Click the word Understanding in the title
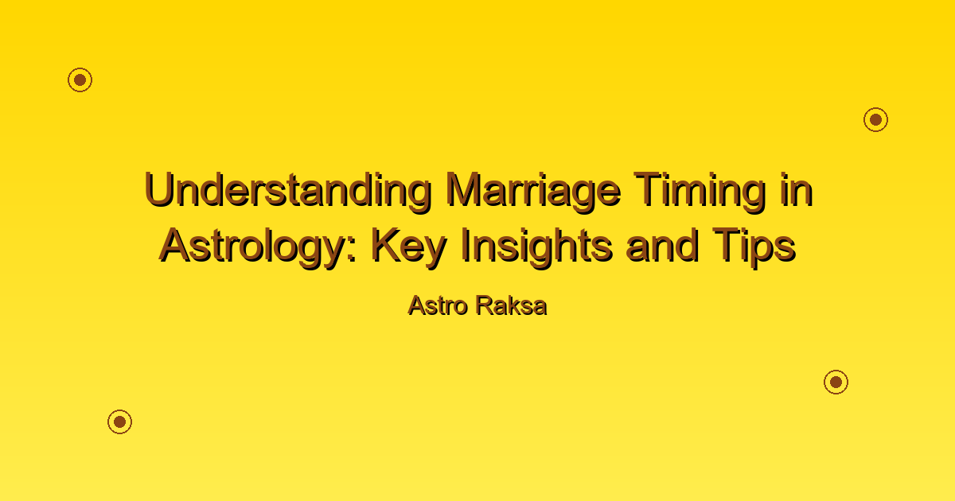pos(289,190)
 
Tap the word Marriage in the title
pos(534,190)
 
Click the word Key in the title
pos(409,247)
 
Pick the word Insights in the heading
pos(537,247)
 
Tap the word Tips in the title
pos(754,247)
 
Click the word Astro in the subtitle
pos(438,306)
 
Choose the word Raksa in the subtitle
pos(512,306)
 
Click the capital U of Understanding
pos(159,189)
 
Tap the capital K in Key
pos(387,245)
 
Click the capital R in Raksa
pos(485,305)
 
